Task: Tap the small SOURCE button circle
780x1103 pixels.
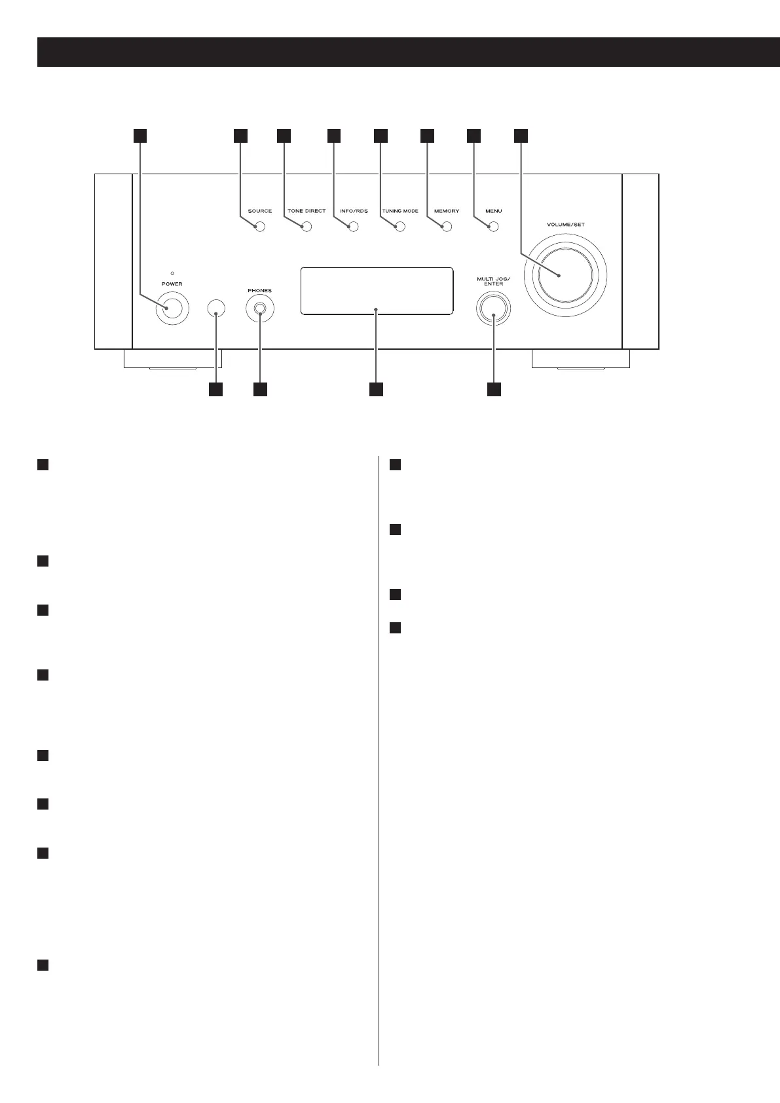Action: pyautogui.click(x=260, y=227)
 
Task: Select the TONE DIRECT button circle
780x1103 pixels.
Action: pyautogui.click(x=306, y=227)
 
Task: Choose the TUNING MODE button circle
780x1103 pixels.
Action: pyautogui.click(x=400, y=227)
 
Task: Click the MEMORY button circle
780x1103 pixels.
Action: pyautogui.click(x=447, y=227)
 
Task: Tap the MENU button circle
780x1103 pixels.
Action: pyautogui.click(x=494, y=227)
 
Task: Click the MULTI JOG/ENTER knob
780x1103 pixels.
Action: pyautogui.click(x=494, y=307)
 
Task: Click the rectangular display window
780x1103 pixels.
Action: pyautogui.click(x=377, y=291)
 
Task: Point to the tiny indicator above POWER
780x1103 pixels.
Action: pyautogui.click(x=172, y=272)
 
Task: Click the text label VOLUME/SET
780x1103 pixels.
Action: pyautogui.click(x=565, y=225)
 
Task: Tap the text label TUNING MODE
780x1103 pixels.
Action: pyautogui.click(x=400, y=211)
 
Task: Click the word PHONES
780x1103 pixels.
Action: pyautogui.click(x=260, y=290)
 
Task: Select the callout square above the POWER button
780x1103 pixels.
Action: pyautogui.click(x=139, y=136)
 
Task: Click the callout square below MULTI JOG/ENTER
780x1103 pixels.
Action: pyautogui.click(x=494, y=389)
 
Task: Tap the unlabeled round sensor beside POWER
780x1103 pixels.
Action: pyautogui.click(x=216, y=308)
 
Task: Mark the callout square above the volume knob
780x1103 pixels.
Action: pyautogui.click(x=520, y=136)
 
